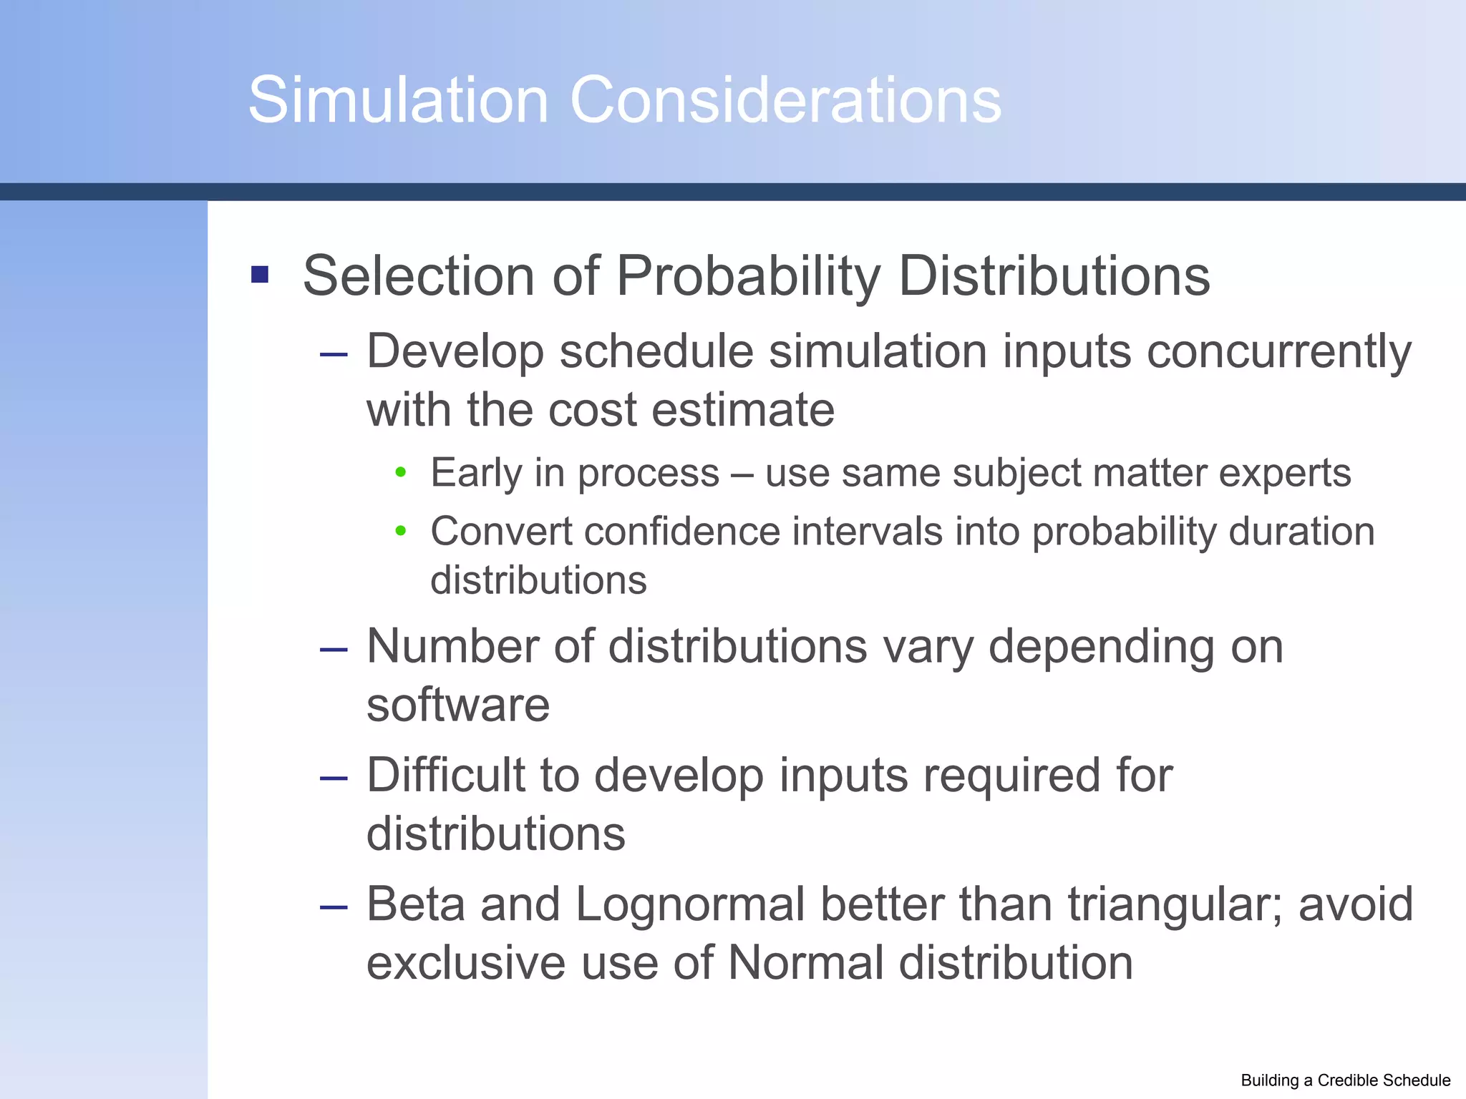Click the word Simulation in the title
(398, 100)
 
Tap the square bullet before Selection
(260, 275)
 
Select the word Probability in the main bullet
(748, 276)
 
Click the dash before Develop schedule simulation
(334, 354)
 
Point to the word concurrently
(1278, 352)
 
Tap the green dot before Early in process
(401, 472)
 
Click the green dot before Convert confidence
(401, 531)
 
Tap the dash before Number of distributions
(334, 649)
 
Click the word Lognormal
(690, 904)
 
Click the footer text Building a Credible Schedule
(1345, 1080)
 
